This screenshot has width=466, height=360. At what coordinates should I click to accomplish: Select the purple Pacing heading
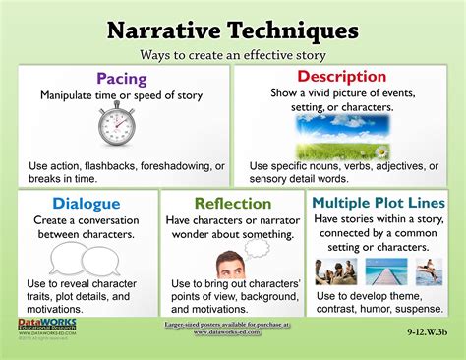coord(122,77)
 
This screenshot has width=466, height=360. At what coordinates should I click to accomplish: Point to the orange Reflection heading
coord(233,203)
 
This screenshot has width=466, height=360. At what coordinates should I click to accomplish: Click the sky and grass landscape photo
coord(343,138)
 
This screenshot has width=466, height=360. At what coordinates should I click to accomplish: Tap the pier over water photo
coord(379,270)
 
